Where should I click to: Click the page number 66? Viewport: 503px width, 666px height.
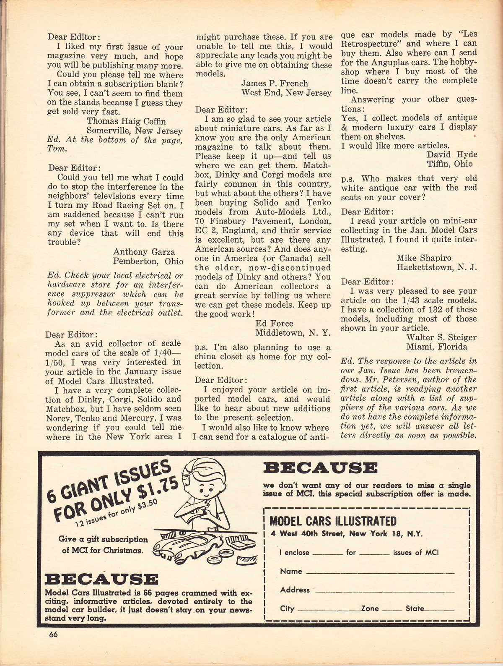(52, 635)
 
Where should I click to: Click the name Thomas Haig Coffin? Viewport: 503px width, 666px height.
(126, 122)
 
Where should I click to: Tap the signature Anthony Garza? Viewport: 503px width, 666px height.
(144, 252)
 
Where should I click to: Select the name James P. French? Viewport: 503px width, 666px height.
(275, 84)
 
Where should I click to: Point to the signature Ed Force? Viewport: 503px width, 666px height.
(274, 324)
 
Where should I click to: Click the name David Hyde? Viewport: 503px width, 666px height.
(452, 154)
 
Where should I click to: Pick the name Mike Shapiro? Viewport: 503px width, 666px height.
(424, 258)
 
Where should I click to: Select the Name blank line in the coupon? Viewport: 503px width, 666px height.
(380, 573)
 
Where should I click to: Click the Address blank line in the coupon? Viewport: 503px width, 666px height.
(384, 591)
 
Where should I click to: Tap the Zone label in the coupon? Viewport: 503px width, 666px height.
(370, 609)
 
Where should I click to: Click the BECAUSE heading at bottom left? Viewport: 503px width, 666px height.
(101, 580)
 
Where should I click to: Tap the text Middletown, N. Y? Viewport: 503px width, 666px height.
(293, 333)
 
